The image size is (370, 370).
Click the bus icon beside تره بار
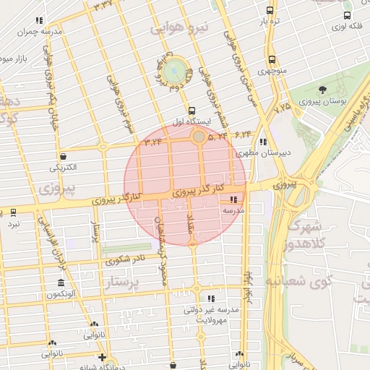coord(270,11)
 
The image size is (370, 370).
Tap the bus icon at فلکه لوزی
coord(348,14)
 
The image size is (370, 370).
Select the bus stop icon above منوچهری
coord(272,60)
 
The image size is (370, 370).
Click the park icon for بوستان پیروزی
coord(322,90)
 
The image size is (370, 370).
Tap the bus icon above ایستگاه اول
coord(192,111)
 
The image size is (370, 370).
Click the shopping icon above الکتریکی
coord(64,156)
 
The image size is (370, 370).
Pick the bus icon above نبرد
coord(14,212)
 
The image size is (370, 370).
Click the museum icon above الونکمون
coord(61,283)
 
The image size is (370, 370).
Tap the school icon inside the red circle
coord(233,199)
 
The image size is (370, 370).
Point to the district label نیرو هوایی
coord(178,29)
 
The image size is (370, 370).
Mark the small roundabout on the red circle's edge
coord(198,136)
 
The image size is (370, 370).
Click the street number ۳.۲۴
coord(152,142)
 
